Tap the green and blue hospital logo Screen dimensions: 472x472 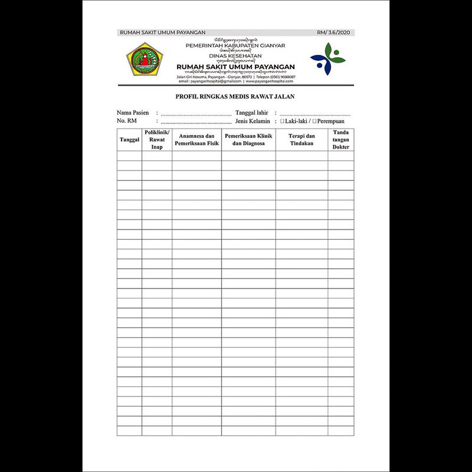(326, 60)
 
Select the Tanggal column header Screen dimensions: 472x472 (129, 139)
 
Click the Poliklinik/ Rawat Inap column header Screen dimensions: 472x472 (157, 139)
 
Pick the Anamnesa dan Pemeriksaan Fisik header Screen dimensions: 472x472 (197, 139)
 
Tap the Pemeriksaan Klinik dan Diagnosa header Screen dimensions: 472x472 (248, 139)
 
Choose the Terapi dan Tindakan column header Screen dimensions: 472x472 (301, 139)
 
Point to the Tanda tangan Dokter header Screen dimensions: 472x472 (341, 139)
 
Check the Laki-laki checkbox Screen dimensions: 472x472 (282, 121)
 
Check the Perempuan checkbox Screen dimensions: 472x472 (314, 121)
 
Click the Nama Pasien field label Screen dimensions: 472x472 (133, 112)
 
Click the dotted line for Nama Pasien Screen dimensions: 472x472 (195, 114)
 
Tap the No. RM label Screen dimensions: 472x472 (127, 121)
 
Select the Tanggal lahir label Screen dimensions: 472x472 (252, 112)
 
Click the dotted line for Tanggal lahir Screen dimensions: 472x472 (316, 114)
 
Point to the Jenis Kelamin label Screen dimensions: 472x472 (253, 121)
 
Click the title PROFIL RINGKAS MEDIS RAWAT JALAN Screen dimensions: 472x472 (235, 96)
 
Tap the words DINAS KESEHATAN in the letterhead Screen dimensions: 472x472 (235, 55)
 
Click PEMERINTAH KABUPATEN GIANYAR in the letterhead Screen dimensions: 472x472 (235, 45)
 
